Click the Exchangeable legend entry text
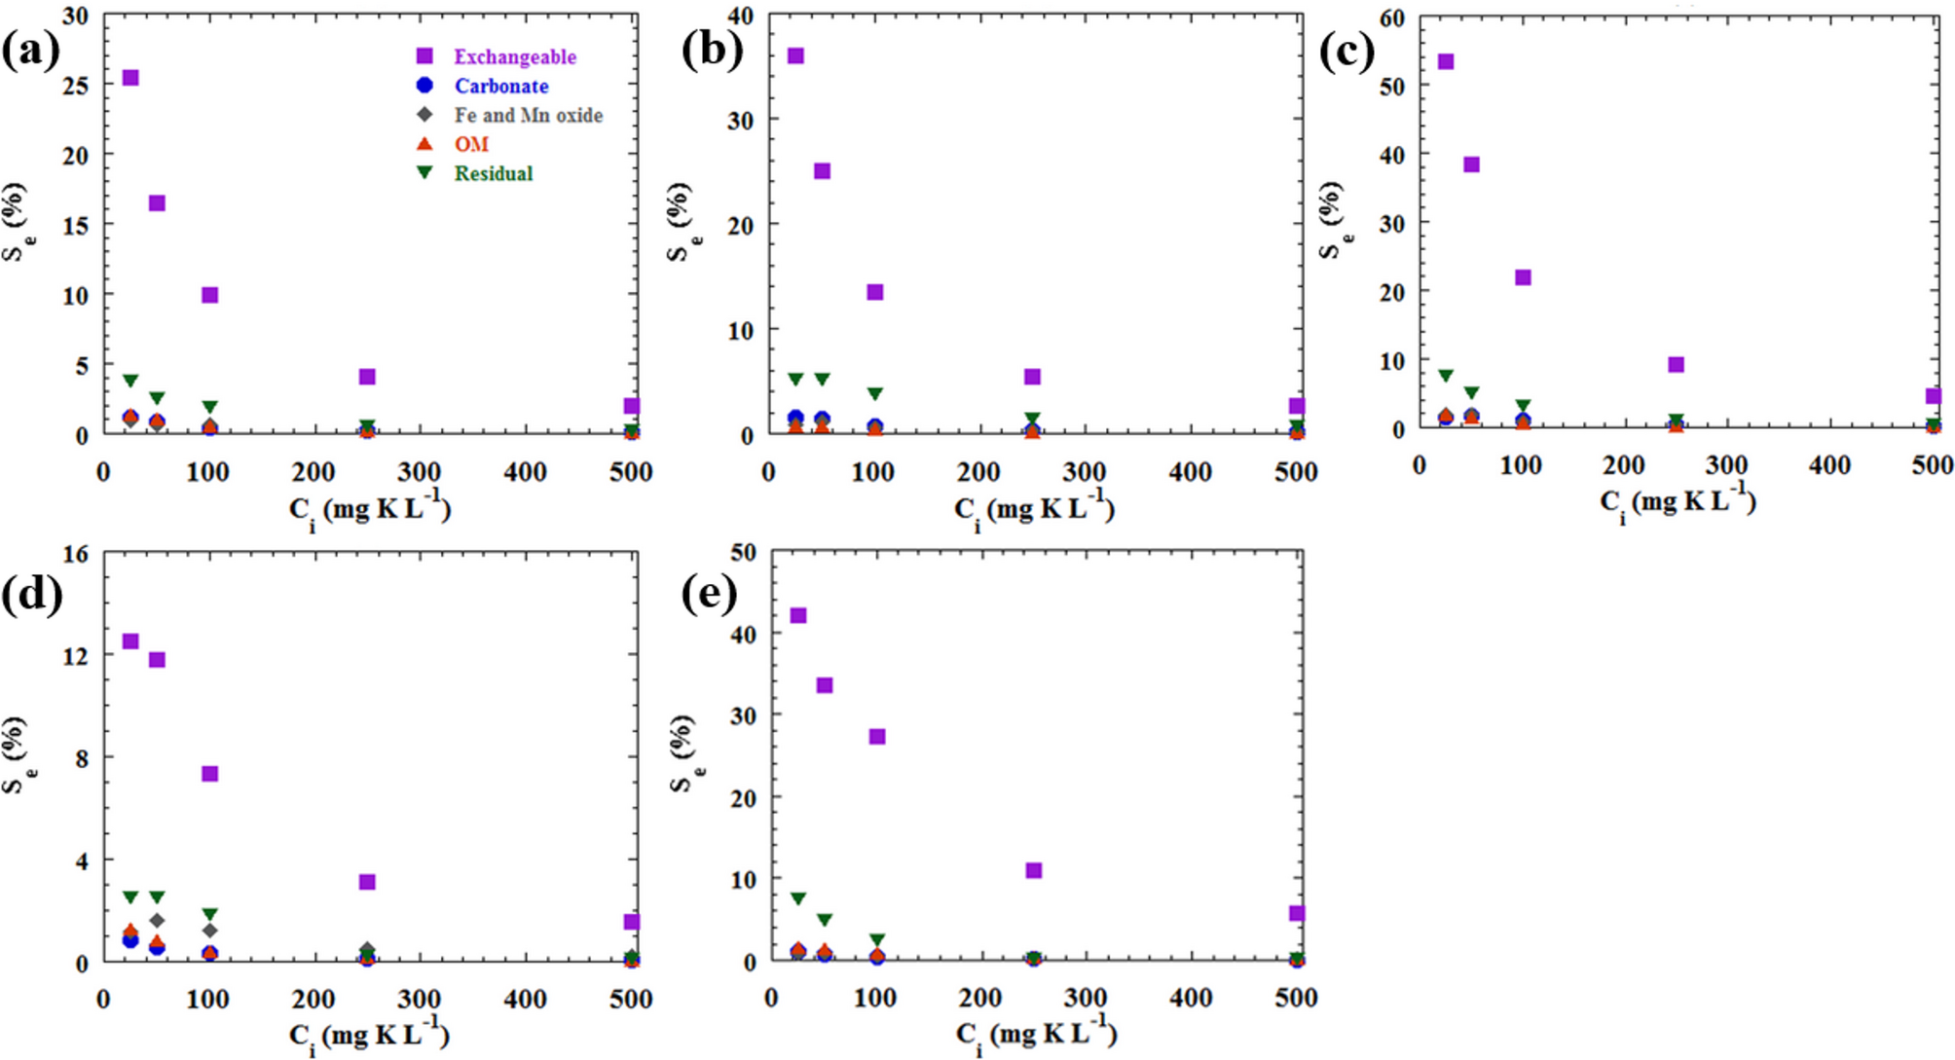514,57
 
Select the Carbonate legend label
500,87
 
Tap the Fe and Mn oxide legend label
528,116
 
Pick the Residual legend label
493,174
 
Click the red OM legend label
471,145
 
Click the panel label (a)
30,50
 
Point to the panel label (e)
710,593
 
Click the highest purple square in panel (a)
130,78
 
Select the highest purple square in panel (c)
1446,62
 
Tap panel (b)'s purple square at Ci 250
1033,377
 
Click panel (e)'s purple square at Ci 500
1297,913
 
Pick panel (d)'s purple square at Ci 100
209,774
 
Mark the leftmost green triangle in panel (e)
798,898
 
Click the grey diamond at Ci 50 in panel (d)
157,921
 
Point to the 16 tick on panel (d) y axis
76,554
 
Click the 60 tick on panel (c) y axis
1392,18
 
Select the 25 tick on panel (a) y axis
76,86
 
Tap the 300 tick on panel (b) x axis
1084,473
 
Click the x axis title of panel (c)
1678,502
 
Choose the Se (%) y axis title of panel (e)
685,753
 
